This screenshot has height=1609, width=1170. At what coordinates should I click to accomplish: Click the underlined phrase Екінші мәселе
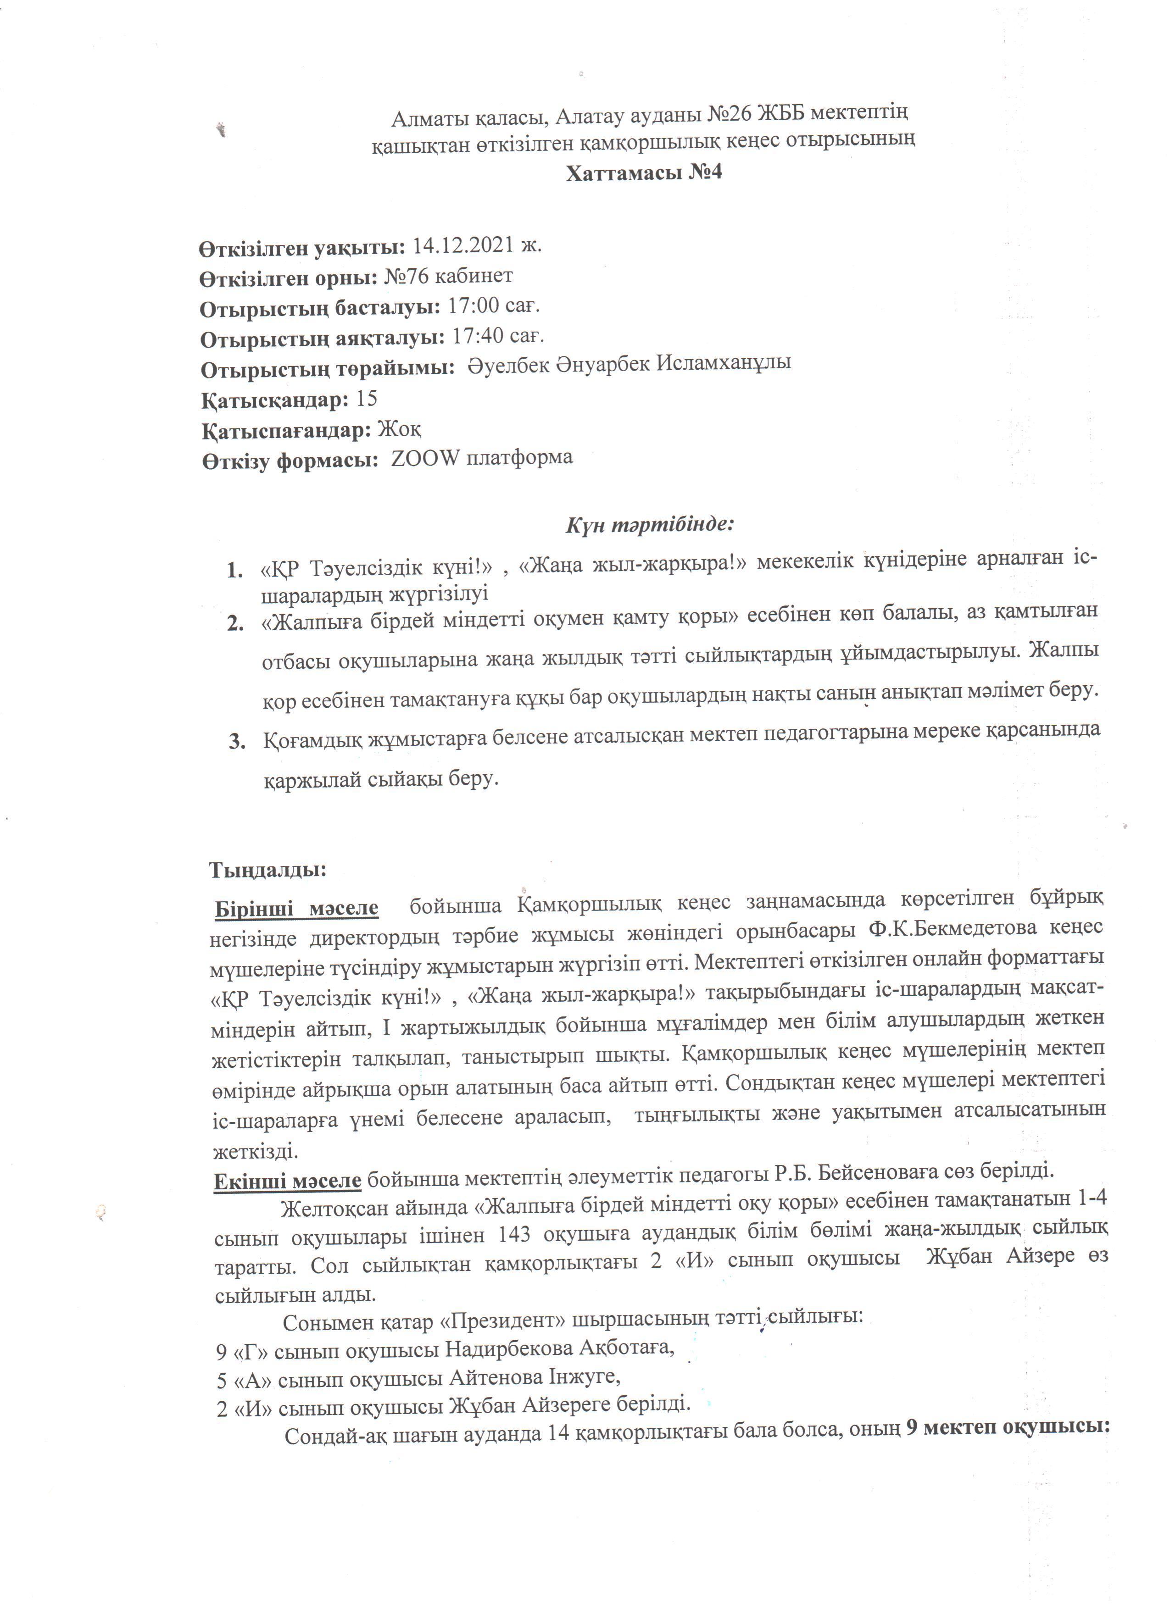[x=287, y=1181]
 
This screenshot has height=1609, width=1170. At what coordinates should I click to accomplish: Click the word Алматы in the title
[x=431, y=113]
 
